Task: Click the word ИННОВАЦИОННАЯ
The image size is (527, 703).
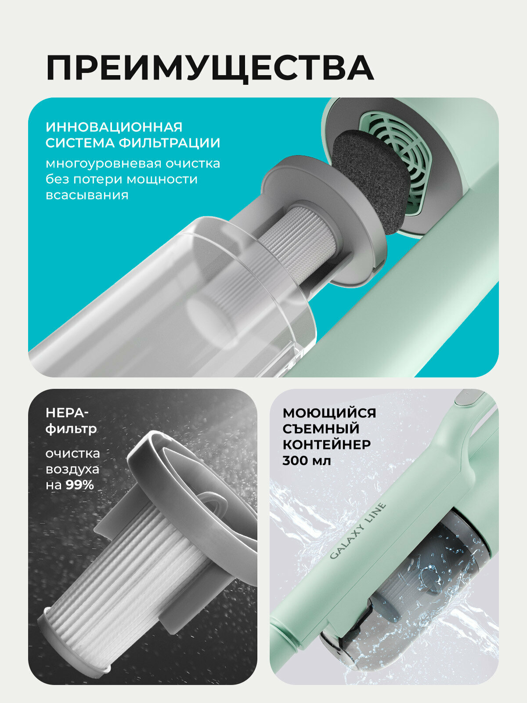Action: [114, 127]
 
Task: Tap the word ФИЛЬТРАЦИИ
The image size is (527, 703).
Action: [170, 143]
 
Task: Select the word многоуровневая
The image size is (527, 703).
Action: [103, 164]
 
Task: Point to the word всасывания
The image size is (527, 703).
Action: [87, 195]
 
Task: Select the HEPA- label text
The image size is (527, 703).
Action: [67, 413]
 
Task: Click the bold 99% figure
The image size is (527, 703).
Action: [80, 485]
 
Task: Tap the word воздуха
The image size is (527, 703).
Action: [72, 470]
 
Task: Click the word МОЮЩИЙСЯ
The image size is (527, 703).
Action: [329, 413]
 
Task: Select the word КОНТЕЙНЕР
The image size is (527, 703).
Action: [327, 445]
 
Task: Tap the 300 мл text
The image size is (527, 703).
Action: [307, 460]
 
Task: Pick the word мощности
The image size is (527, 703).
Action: [162, 179]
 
